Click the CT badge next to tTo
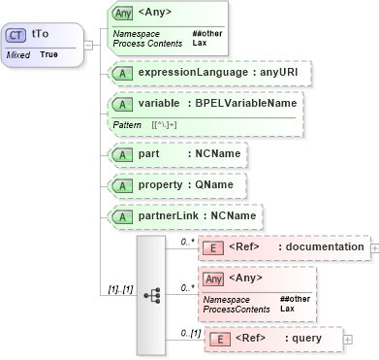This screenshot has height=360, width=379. point(16,34)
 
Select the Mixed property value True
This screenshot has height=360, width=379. point(48,55)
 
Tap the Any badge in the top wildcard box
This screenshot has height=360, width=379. point(122,14)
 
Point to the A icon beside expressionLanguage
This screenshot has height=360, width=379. point(122,72)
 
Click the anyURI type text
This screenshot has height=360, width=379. point(256,72)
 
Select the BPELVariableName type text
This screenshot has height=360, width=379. point(244,103)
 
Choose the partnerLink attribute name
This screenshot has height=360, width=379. point(168,214)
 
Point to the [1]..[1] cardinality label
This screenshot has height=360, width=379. point(119,289)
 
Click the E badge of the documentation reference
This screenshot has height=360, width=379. point(213,247)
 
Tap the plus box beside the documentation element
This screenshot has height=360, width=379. point(374,247)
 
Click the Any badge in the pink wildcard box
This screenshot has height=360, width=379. point(213,278)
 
